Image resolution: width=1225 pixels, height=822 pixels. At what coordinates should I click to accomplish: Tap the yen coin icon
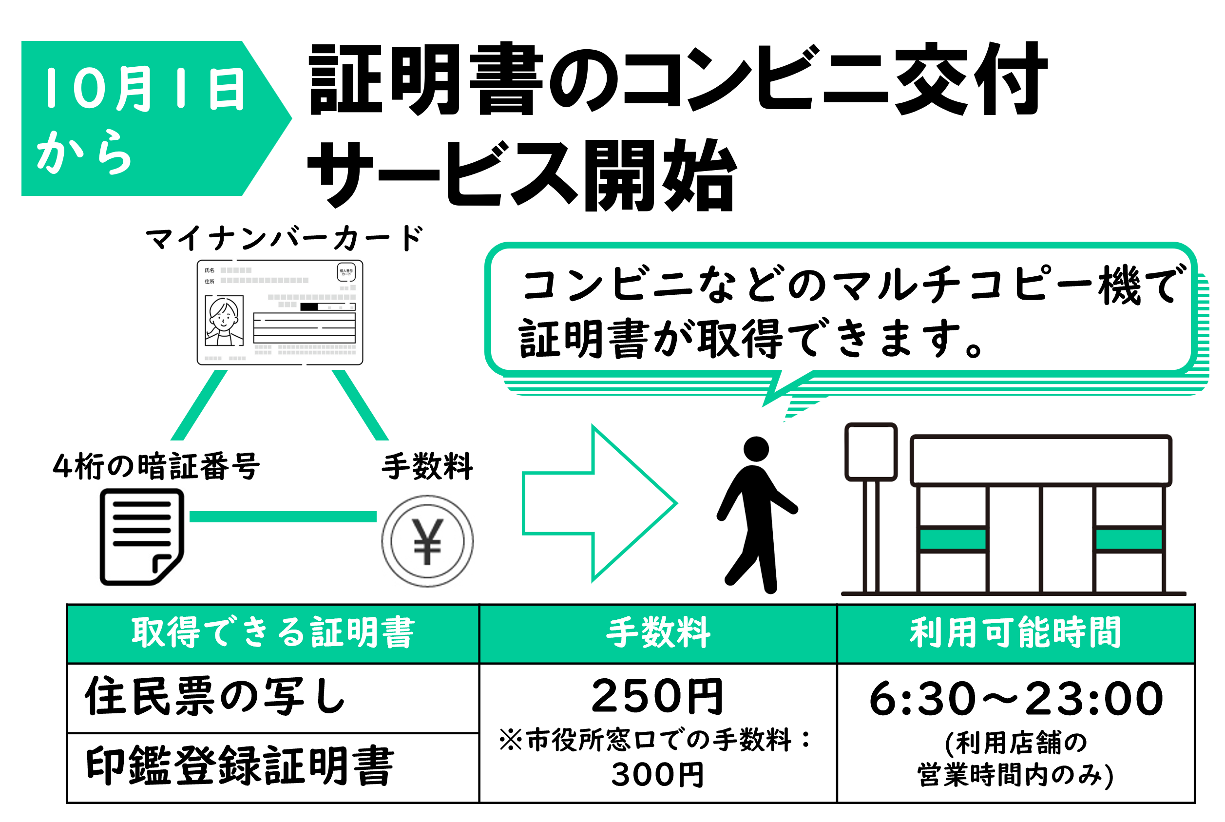click(x=427, y=541)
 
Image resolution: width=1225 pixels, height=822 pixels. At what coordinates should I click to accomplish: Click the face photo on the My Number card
click(x=224, y=320)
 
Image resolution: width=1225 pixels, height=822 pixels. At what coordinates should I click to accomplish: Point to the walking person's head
click(x=756, y=449)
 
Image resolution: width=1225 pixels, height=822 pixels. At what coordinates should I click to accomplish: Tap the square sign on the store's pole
click(x=871, y=452)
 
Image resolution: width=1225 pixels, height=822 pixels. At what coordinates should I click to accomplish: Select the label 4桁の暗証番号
click(x=156, y=466)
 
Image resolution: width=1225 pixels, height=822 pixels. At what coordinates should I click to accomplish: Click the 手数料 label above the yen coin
click(x=427, y=466)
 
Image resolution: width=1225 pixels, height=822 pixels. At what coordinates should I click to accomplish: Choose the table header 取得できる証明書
click(x=273, y=633)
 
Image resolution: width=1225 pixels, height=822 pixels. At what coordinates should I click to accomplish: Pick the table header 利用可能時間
click(x=1015, y=633)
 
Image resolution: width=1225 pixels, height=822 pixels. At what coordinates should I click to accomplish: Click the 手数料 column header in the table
click(x=658, y=633)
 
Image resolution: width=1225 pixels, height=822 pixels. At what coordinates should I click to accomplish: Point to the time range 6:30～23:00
click(x=1016, y=698)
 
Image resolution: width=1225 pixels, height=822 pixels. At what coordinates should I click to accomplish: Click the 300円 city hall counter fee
click(x=657, y=774)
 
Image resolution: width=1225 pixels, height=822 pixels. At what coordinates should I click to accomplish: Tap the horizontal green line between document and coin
click(x=283, y=517)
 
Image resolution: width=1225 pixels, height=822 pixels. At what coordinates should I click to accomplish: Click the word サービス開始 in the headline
click(x=521, y=175)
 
